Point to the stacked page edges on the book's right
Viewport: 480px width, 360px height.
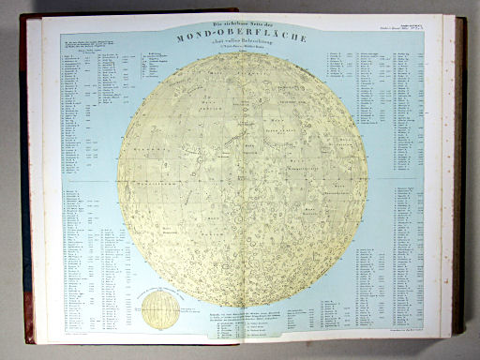coord(458,178)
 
